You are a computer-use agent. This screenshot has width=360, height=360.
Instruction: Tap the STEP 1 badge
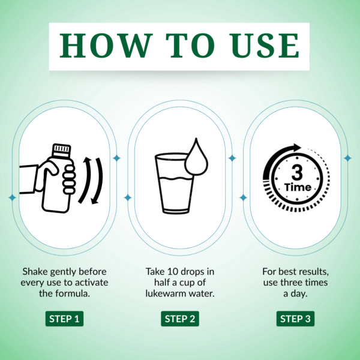pos(64,319)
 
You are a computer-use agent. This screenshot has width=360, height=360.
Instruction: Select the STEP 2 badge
pos(179,319)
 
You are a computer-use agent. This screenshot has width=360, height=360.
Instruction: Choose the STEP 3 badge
pos(295,319)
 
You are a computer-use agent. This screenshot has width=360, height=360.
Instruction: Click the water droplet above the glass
pos(195,158)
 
